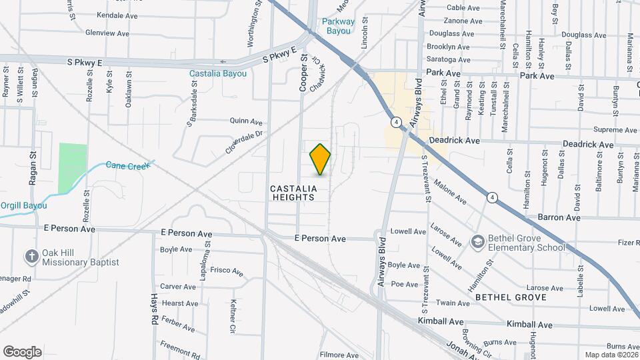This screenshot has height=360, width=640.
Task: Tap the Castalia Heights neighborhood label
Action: [x=292, y=193]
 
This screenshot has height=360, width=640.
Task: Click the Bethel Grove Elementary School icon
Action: [x=477, y=241]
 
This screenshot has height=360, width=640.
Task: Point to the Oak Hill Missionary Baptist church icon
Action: [x=31, y=256]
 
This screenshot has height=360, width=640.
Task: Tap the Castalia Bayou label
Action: [x=217, y=73]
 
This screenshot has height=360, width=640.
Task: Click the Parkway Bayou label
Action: [x=338, y=26]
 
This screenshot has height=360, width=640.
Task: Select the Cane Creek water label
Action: [x=129, y=165]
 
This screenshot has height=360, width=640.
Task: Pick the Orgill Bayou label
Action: [x=23, y=205]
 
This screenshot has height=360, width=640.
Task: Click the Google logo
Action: [x=22, y=351]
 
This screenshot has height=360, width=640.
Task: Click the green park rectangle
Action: [x=73, y=169]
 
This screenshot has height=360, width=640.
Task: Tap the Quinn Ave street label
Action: [x=245, y=122]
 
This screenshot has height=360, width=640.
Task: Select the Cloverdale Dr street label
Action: [x=245, y=142]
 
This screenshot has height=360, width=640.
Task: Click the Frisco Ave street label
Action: [x=227, y=271]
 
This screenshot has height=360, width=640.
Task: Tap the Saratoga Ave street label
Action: [x=449, y=60]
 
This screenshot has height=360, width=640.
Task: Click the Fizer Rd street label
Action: [x=628, y=243]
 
